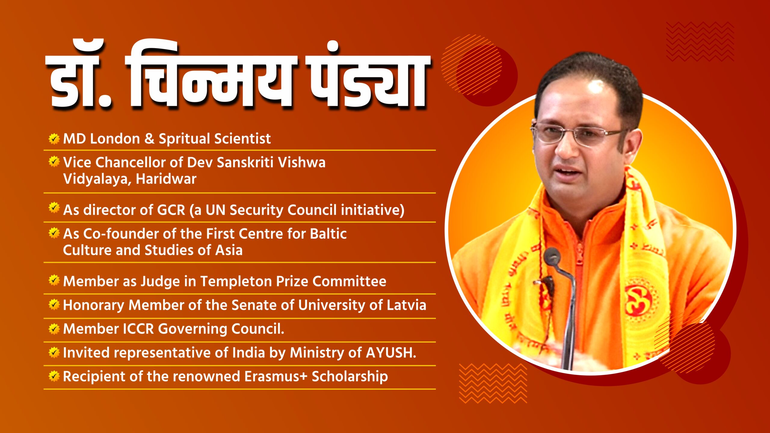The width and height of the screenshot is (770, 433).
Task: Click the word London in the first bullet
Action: [x=115, y=139]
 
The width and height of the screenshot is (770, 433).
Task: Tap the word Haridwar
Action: [x=166, y=179]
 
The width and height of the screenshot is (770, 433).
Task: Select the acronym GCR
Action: [x=171, y=210]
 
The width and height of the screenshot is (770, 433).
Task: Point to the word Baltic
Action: [x=328, y=234]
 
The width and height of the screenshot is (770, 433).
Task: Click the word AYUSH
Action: [x=391, y=353]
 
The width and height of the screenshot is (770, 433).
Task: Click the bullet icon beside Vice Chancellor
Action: [x=54, y=162]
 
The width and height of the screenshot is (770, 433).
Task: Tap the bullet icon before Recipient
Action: [x=54, y=376]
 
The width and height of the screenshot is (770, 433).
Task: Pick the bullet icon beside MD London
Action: [x=54, y=139]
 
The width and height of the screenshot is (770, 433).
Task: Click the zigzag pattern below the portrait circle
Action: [x=493, y=383]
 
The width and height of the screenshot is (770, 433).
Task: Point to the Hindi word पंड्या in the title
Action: [x=368, y=77]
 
